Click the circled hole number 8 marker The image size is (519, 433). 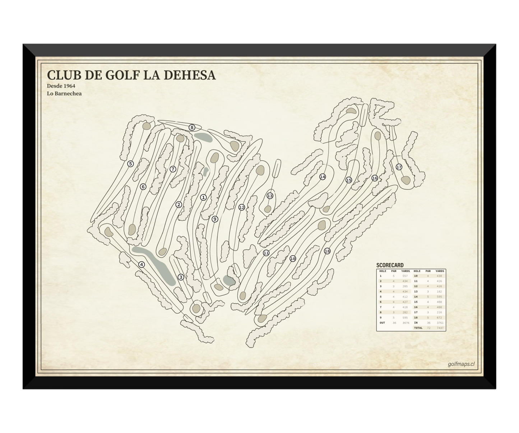192,127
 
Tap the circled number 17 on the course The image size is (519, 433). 399,167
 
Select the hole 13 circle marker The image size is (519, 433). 270,196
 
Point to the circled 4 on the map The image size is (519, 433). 142,264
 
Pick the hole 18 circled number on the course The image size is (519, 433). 327,251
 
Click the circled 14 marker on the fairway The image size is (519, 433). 323,177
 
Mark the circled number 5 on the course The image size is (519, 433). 131,164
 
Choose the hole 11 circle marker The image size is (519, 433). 266,253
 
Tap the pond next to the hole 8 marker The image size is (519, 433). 201,137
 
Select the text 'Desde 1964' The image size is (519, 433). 61,86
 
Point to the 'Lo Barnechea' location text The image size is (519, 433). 64,93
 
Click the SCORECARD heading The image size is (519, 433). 390,265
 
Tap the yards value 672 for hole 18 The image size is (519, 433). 440,318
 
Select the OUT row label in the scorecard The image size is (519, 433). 382,323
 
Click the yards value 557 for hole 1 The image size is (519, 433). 405,276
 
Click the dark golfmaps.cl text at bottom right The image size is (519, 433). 461,364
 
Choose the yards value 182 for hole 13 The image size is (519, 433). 440,291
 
